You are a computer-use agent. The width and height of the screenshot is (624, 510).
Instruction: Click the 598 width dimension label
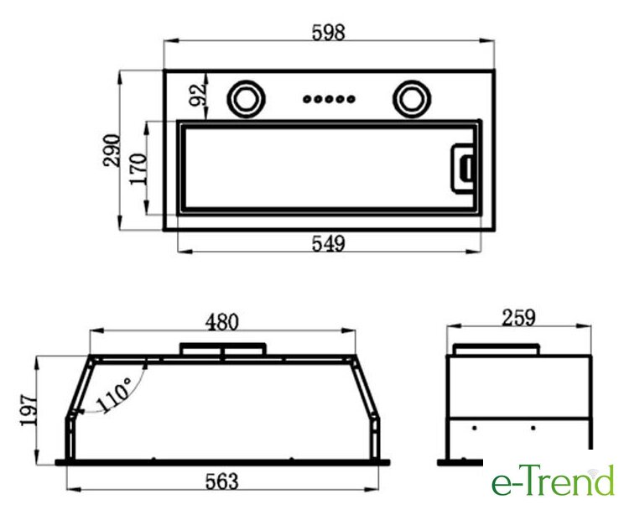(x=328, y=32)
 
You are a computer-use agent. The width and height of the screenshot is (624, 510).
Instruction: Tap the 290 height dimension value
(x=112, y=150)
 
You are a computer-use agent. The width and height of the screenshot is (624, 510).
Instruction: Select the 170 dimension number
(x=138, y=169)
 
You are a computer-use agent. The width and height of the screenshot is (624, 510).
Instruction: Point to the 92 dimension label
(x=198, y=95)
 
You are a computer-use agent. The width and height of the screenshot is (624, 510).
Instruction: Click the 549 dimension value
(x=328, y=243)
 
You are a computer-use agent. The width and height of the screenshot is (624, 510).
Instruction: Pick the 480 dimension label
(x=222, y=322)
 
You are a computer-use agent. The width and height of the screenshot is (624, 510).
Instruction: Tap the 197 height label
(x=29, y=410)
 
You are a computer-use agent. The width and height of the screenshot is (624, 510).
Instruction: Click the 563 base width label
(x=222, y=481)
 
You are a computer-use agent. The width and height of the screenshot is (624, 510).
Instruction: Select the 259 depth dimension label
(x=518, y=318)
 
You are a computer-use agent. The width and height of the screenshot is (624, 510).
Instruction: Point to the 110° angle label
(x=113, y=395)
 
